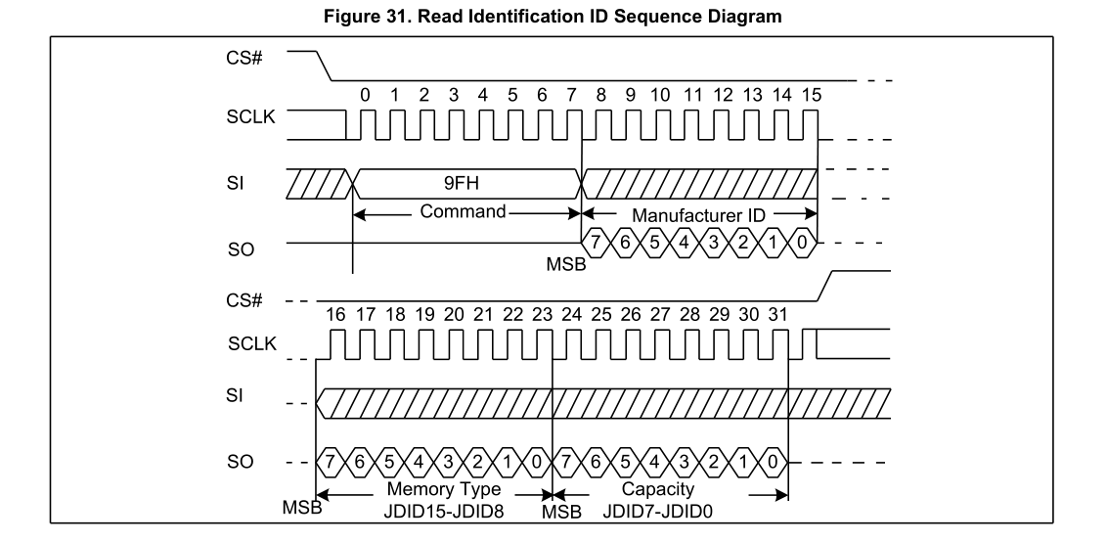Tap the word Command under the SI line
coord(463,210)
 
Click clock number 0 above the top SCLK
coord(365,96)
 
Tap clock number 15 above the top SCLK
coord(811,96)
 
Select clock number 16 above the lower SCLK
coord(334,316)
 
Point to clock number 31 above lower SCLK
coord(778,316)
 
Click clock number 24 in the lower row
coord(571,316)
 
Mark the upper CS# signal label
coord(228,55)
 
